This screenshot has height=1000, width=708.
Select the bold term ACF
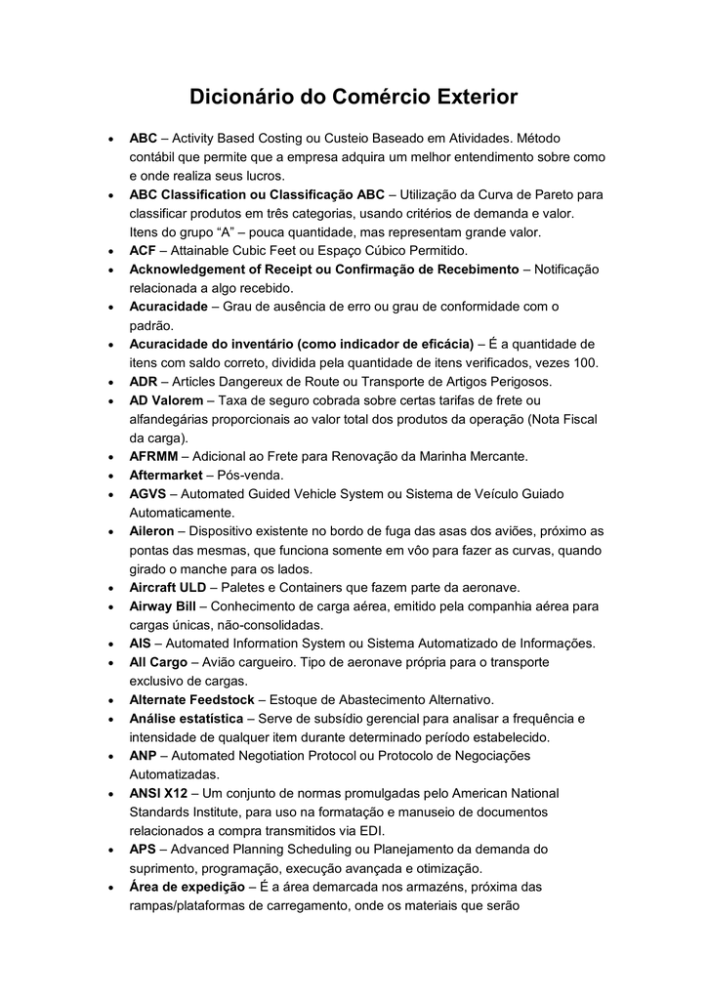click(144, 251)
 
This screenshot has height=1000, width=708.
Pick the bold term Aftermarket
click(166, 475)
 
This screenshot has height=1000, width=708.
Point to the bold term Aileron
click(151, 531)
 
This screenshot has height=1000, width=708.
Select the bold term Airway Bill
click(163, 606)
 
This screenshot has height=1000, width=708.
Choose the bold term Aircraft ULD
click(168, 587)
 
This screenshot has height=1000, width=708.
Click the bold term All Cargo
click(158, 662)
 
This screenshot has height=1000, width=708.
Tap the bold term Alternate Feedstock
click(191, 699)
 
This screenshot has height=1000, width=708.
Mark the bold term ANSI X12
click(158, 793)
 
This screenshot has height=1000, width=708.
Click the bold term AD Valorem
click(166, 400)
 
